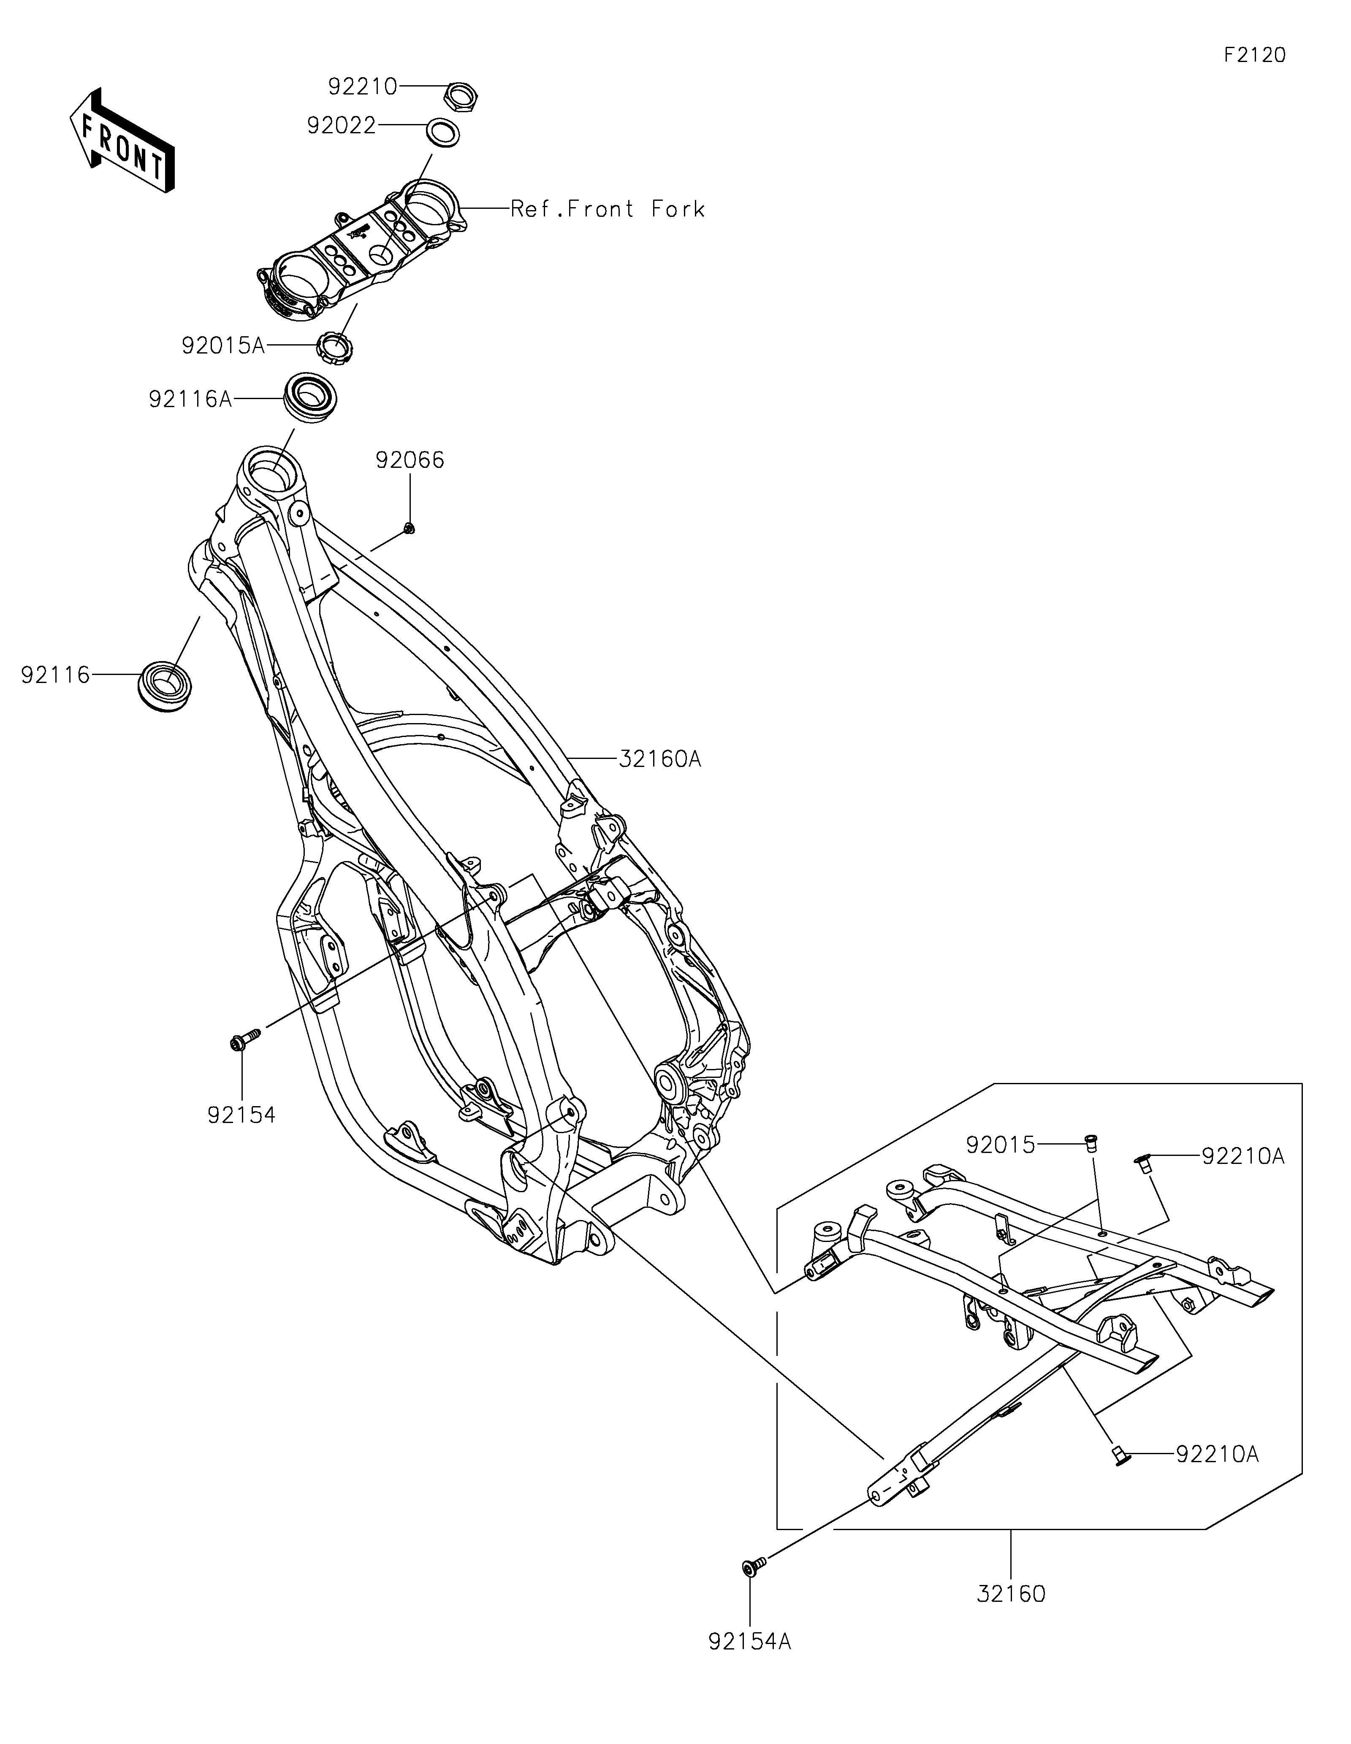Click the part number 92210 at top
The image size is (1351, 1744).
(x=362, y=86)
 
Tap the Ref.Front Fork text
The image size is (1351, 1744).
(x=608, y=209)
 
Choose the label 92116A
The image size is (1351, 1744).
(x=190, y=399)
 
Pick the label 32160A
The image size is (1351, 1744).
(x=660, y=759)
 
